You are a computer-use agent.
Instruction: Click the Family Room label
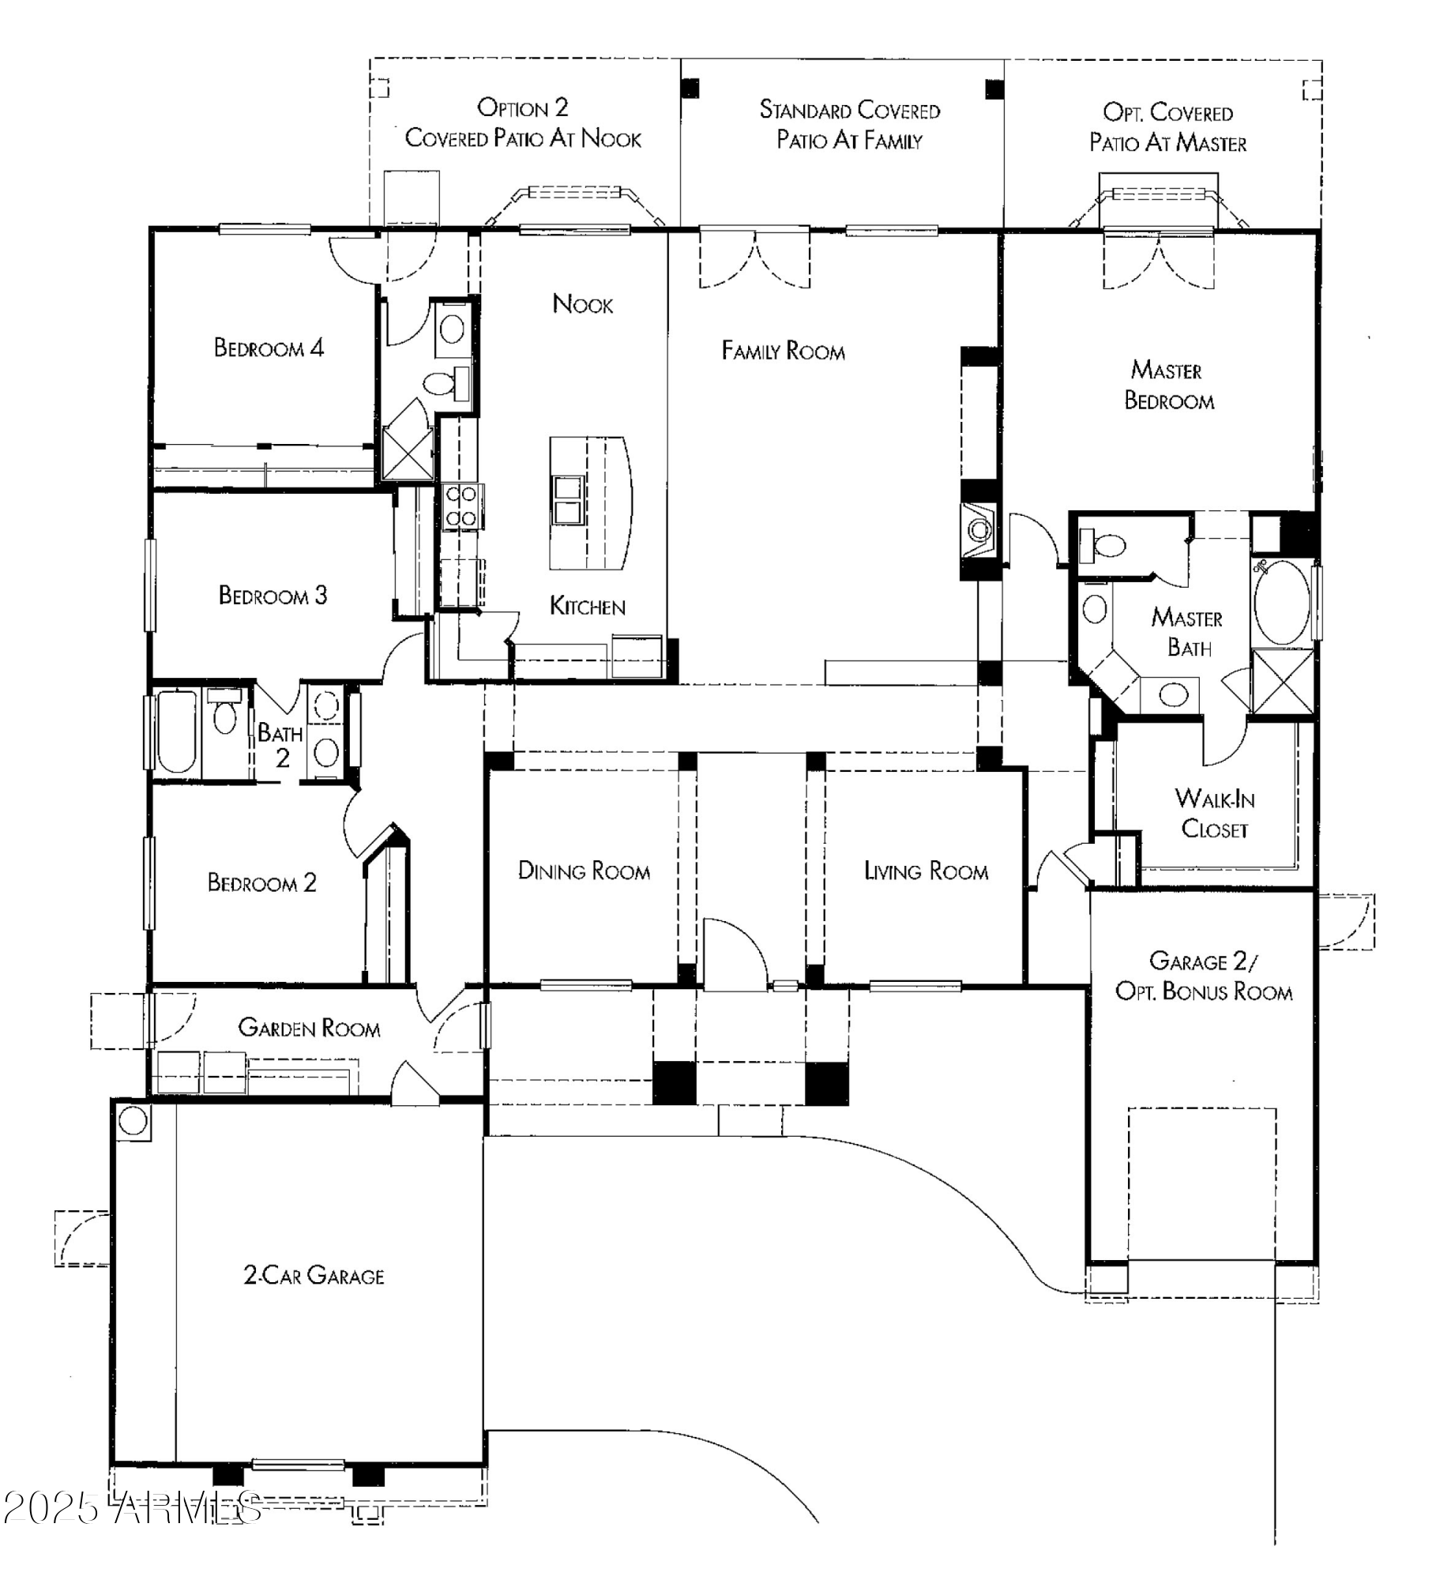click(x=783, y=351)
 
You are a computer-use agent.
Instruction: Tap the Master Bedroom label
click(x=1168, y=385)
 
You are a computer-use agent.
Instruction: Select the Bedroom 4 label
click(x=269, y=348)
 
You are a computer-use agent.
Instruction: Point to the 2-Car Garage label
click(x=314, y=1275)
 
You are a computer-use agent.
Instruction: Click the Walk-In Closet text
click(x=1214, y=813)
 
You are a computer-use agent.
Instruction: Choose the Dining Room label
click(x=584, y=871)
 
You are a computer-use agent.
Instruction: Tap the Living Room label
click(x=926, y=871)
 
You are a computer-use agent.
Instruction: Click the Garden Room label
click(x=309, y=1027)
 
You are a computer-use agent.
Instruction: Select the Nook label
click(x=582, y=303)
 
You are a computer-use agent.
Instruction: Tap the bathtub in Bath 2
click(x=176, y=732)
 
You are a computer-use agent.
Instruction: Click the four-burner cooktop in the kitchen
click(x=460, y=506)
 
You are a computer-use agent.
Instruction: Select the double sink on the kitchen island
click(x=568, y=499)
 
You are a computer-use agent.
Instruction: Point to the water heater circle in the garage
click(x=133, y=1120)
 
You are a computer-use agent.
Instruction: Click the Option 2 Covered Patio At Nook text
click(x=523, y=123)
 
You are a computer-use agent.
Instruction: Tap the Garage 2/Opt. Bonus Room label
click(x=1203, y=976)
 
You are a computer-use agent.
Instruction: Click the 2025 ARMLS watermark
click(x=132, y=1508)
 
